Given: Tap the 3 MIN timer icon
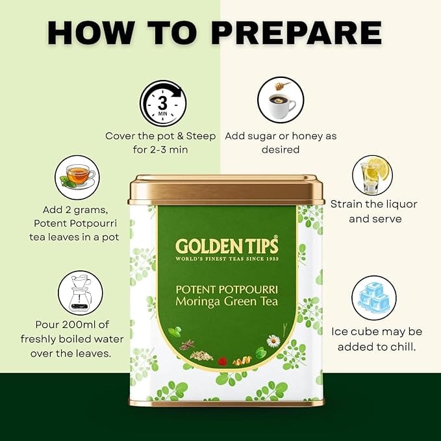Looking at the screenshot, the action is (163, 103).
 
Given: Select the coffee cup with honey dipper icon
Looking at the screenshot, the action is (281, 100).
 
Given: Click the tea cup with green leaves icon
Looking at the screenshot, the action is (77, 177).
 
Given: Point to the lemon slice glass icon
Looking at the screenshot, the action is (373, 175).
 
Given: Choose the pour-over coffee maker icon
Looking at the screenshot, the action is (81, 293).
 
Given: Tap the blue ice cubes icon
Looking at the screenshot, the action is (374, 298).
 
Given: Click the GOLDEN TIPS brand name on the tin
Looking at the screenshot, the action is (227, 246).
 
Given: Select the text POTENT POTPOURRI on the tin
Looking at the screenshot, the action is (227, 290).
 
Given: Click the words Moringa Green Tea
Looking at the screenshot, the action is (227, 301).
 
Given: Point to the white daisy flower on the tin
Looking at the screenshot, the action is (273, 341).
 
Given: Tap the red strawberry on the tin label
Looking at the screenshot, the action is (223, 361).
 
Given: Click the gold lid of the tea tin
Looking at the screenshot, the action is (226, 190).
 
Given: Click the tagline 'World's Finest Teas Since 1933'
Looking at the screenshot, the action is (227, 258).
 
